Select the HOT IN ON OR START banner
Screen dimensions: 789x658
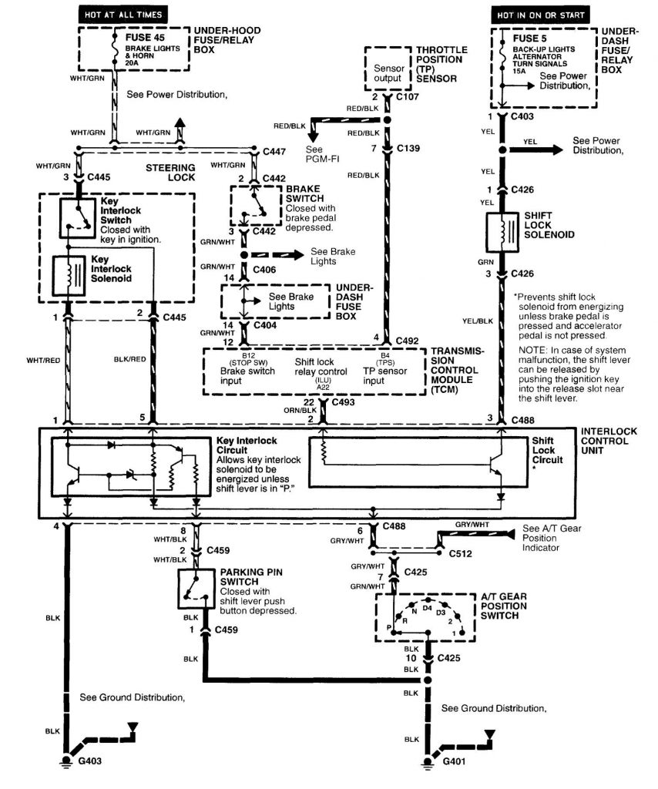541,14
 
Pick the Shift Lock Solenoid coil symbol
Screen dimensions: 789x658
502,230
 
